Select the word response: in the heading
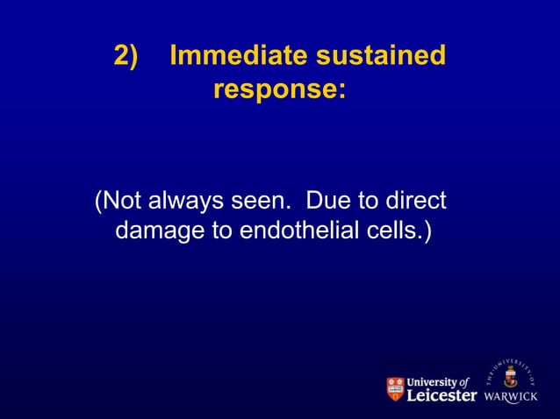279,89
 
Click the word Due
326,202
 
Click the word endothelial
306,233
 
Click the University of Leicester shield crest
397,390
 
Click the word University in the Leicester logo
435,382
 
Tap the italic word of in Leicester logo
466,382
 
